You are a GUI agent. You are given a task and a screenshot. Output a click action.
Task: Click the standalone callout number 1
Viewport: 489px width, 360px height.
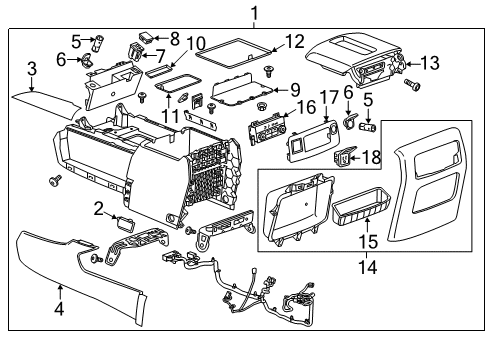click(x=254, y=13)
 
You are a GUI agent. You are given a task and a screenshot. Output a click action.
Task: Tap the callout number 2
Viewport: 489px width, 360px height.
click(x=100, y=207)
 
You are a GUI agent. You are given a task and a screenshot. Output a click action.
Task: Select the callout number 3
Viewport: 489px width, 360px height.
click(x=32, y=69)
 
